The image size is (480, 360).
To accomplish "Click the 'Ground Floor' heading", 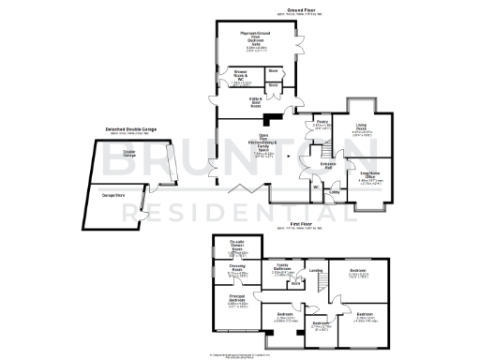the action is coord(302,12).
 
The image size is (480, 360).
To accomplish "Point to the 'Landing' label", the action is coord(316,273).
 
